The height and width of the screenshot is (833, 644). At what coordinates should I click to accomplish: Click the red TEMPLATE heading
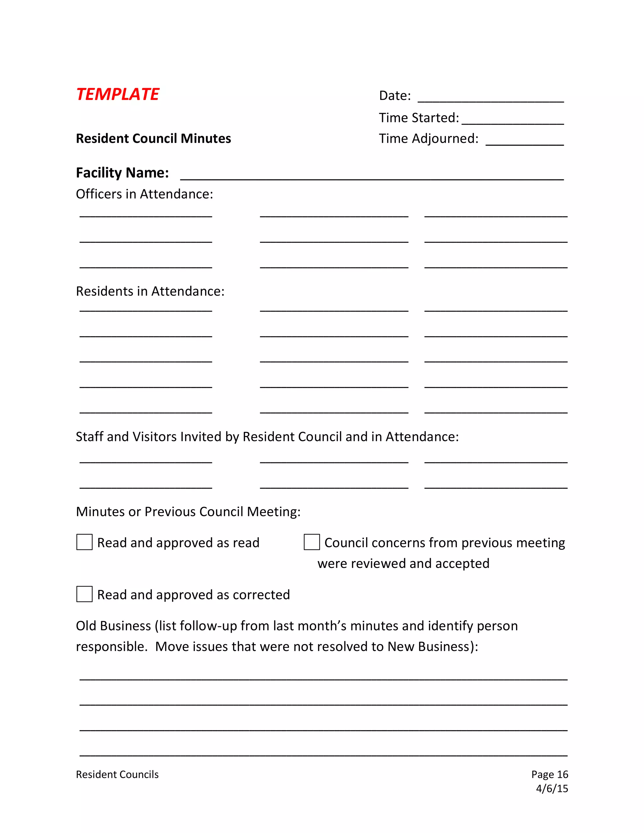coord(118,94)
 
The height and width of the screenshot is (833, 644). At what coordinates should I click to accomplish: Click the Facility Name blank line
coord(372,176)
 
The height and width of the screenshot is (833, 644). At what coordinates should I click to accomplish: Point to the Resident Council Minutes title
coord(153,138)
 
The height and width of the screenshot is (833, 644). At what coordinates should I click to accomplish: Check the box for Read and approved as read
coord(84,542)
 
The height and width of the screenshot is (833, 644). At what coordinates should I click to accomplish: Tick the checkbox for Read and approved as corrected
coord(84,594)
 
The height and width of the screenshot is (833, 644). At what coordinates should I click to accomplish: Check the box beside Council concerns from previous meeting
coord(312,542)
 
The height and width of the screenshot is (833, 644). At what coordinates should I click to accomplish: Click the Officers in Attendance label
coord(144,194)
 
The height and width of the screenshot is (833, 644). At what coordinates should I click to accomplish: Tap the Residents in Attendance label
coord(150,291)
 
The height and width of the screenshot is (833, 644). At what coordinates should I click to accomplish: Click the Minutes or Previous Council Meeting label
coord(188,511)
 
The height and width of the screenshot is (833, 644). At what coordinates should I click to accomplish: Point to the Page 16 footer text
coord(549,774)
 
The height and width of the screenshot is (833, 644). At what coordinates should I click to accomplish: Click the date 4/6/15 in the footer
coord(552,788)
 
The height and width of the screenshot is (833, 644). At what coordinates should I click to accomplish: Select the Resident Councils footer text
coord(117,774)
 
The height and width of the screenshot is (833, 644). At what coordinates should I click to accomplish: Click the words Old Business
coord(113,626)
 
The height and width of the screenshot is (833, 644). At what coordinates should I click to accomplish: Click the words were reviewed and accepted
coord(403,563)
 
